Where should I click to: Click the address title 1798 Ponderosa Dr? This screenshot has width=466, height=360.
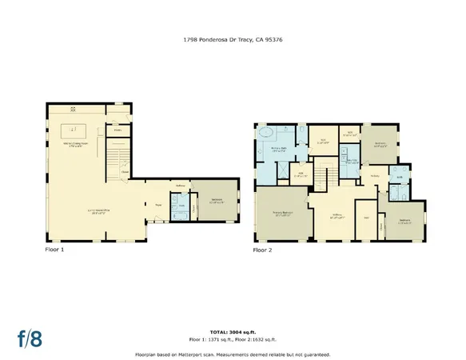click(x=233, y=38)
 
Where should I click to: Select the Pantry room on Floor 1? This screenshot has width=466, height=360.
click(x=117, y=130)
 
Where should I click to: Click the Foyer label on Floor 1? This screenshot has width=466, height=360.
click(x=157, y=203)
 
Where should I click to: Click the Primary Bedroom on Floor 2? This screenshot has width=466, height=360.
click(x=281, y=213)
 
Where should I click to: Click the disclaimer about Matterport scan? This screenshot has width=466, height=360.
click(x=233, y=353)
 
